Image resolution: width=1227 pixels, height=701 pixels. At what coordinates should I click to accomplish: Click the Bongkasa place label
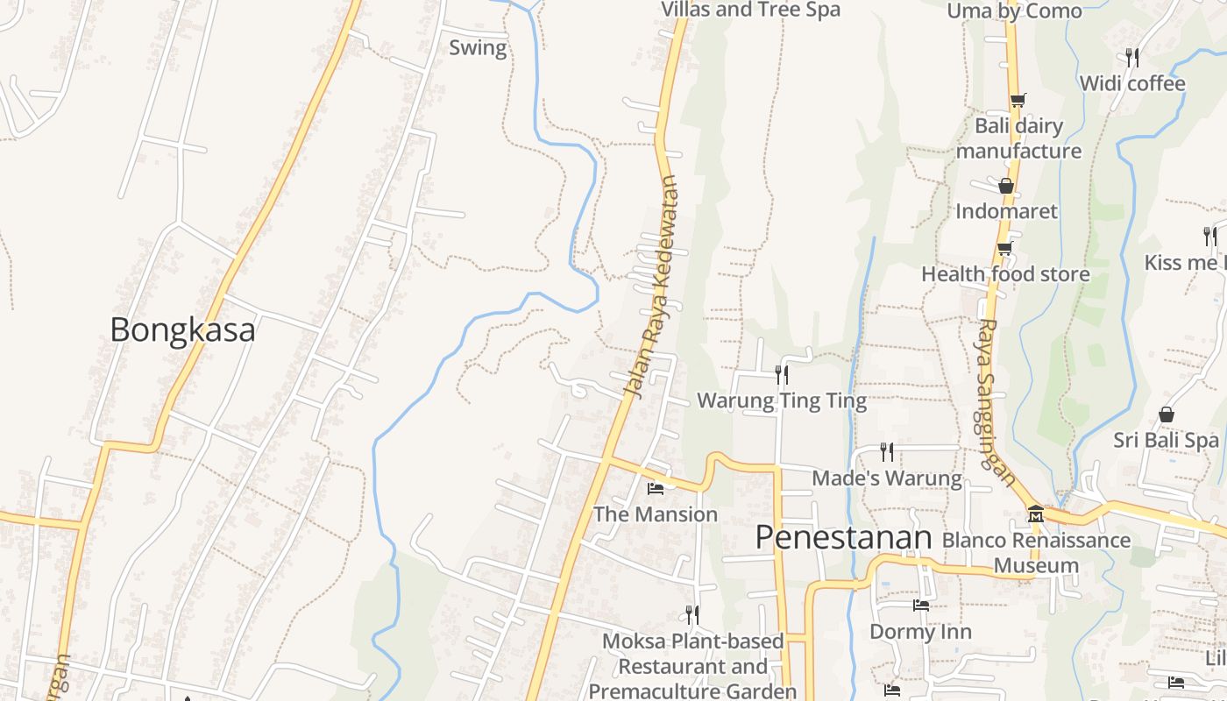pos(182,330)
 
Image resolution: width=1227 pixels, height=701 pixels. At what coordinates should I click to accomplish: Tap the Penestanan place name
pos(843,537)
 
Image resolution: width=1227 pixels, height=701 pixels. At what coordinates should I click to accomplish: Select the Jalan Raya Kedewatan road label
pos(651,287)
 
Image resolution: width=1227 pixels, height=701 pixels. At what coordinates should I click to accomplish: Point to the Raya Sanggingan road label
pos(996,402)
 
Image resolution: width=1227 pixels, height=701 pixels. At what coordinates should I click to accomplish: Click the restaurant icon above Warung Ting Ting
pos(782,375)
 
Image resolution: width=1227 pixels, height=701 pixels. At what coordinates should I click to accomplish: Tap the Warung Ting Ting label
pos(782,401)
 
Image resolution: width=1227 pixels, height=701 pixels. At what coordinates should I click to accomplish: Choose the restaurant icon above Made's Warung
pos(887,452)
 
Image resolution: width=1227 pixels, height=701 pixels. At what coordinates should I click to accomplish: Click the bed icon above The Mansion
pos(656,488)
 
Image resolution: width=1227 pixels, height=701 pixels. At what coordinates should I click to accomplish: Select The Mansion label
pos(656,514)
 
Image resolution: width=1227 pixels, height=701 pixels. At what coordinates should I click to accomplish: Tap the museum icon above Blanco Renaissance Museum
pos(1035,513)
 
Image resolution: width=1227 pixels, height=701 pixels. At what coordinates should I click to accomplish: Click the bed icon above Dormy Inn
pos(920,605)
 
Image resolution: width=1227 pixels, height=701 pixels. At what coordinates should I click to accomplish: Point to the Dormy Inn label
pos(920,632)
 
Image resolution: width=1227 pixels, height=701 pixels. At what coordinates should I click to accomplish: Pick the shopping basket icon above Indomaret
pos(1006,186)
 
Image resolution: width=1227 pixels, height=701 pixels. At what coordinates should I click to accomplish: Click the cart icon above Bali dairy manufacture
pos(1018,100)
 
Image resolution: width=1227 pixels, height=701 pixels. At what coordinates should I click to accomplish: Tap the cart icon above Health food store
pos(1004,249)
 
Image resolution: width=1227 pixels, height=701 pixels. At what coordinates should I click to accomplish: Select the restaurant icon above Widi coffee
pos(1132,58)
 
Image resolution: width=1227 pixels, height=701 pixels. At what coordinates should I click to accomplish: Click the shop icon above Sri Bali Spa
pos(1167,414)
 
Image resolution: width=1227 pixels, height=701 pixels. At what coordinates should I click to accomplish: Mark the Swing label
pos(478,47)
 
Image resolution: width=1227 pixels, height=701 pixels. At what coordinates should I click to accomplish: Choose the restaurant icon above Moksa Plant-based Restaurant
pos(692,614)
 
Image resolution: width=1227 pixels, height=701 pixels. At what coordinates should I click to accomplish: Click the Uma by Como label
pos(1015,11)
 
